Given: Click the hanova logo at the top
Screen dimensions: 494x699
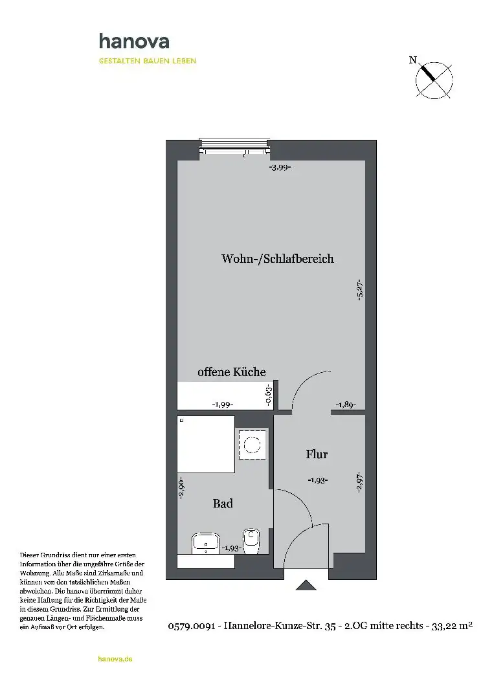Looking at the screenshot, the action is pyautogui.click(x=134, y=41).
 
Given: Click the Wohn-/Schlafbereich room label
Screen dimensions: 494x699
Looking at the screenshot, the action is pyautogui.click(x=277, y=258).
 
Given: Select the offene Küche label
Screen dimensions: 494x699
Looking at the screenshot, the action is pyautogui.click(x=231, y=372).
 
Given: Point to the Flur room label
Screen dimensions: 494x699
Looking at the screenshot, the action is pyautogui.click(x=317, y=454).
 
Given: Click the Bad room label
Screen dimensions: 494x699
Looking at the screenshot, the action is pyautogui.click(x=223, y=504).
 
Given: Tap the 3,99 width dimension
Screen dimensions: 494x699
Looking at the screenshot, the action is pyautogui.click(x=280, y=168).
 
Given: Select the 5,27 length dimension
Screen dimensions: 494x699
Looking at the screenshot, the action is pyautogui.click(x=361, y=290).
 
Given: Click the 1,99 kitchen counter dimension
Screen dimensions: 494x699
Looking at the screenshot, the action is pyautogui.click(x=222, y=405).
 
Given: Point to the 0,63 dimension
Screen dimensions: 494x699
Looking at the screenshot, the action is pyautogui.click(x=269, y=395).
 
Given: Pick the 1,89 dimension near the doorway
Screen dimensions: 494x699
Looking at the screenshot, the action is pyautogui.click(x=346, y=405).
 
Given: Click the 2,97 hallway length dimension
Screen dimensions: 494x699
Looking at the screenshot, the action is pyautogui.click(x=360, y=482).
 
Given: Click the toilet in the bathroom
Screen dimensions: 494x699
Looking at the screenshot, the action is pyautogui.click(x=251, y=540).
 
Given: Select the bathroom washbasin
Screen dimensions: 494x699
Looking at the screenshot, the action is pyautogui.click(x=205, y=542).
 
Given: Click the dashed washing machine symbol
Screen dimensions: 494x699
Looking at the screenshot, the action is pyautogui.click(x=253, y=445).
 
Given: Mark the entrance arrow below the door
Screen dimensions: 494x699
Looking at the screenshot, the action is pyautogui.click(x=306, y=584).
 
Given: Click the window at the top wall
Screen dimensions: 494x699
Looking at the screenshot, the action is pyautogui.click(x=234, y=147).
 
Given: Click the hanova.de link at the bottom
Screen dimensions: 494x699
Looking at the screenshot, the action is pyautogui.click(x=115, y=659).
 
